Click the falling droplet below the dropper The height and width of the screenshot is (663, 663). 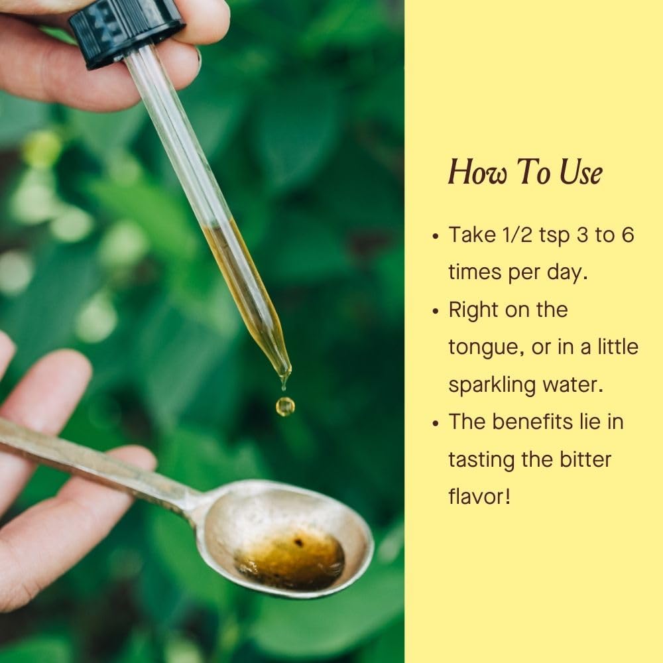[285, 406]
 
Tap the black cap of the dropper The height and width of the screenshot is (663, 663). [126, 31]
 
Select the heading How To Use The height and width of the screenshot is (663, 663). [526, 172]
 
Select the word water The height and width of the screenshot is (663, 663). [573, 385]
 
